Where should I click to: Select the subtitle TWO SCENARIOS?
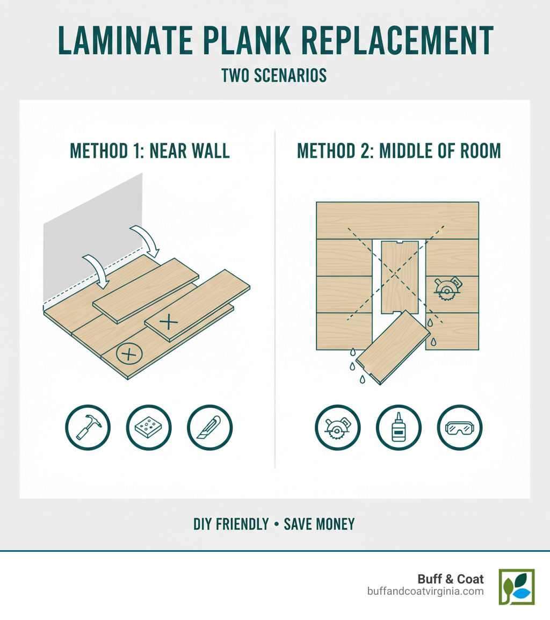(274, 75)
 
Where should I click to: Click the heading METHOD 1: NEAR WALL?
(150, 150)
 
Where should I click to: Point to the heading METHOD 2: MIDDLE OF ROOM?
(399, 150)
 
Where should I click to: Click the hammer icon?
(88, 428)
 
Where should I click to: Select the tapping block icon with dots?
(149, 428)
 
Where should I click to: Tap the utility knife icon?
(209, 428)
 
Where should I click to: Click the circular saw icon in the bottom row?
(337, 428)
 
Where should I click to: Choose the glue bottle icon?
(399, 428)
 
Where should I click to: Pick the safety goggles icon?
(460, 428)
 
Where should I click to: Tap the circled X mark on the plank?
(128, 354)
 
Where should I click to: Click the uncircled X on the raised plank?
(169, 322)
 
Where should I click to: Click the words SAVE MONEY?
(320, 524)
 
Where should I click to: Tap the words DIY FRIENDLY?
(231, 524)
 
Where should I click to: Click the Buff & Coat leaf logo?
(516, 587)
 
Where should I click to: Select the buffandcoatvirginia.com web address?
(425, 591)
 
